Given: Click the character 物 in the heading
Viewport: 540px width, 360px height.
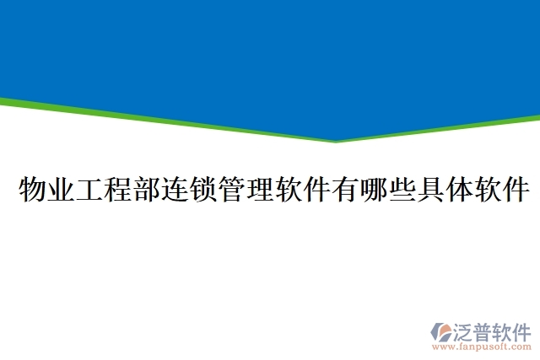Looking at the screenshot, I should [x=32, y=191].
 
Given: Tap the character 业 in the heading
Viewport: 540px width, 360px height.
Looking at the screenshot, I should [x=62, y=191].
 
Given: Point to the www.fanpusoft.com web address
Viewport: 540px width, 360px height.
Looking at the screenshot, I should [x=482, y=347].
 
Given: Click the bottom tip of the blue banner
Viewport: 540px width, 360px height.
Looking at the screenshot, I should [x=337, y=140].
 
